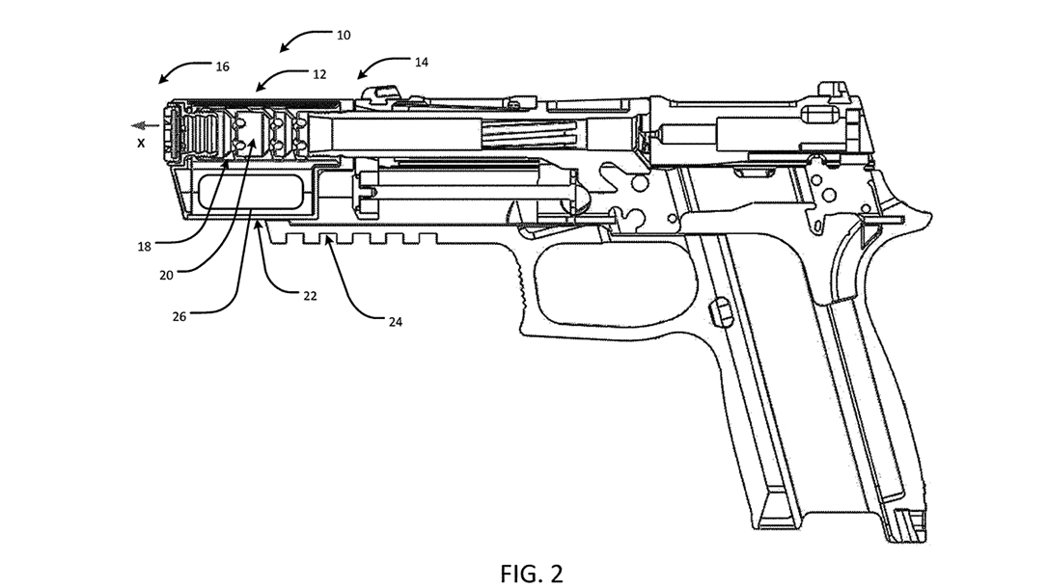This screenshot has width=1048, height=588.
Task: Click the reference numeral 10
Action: (344, 36)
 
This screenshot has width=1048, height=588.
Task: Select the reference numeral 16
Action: (223, 67)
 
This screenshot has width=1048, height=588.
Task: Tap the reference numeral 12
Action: (319, 72)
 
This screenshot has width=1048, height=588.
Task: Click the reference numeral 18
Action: (144, 246)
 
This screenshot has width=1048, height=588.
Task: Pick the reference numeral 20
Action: (166, 275)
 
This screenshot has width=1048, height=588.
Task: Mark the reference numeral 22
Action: (310, 296)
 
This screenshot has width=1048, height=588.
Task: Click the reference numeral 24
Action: (395, 323)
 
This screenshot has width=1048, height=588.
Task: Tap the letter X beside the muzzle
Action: (141, 144)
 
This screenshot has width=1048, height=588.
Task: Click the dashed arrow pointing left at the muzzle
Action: (147, 124)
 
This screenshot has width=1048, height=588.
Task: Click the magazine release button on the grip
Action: (720, 309)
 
